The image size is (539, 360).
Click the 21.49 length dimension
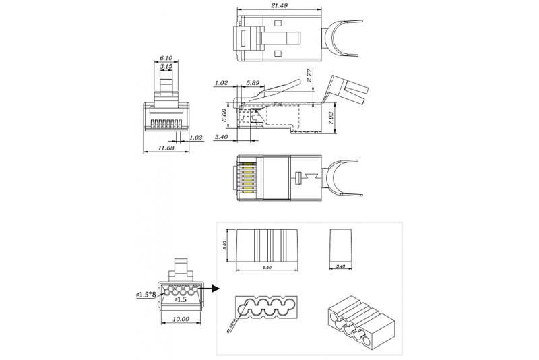[271, 5]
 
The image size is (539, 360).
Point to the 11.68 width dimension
[165, 148]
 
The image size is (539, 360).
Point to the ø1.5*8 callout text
[146, 294]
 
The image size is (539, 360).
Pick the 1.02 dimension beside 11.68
[197, 138]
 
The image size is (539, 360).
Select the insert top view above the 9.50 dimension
[268, 246]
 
